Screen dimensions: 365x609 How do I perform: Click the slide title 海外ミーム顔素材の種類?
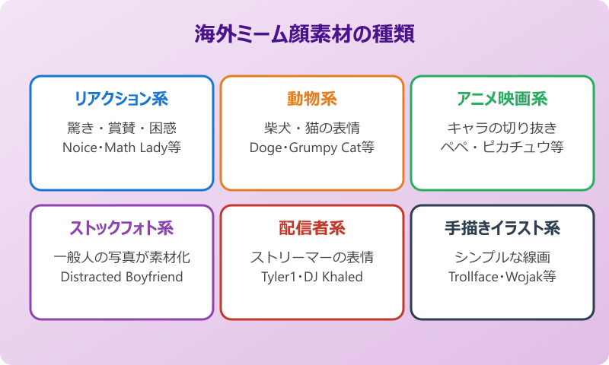click(x=304, y=35)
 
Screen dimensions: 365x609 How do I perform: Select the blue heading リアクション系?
click(x=121, y=99)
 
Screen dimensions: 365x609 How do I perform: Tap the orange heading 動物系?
click(x=311, y=99)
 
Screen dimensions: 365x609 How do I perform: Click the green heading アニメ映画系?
click(x=502, y=99)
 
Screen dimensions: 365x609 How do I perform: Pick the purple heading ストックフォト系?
click(x=121, y=228)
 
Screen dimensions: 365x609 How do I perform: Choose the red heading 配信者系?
click(x=311, y=228)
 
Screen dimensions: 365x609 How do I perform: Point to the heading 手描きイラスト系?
click(x=502, y=228)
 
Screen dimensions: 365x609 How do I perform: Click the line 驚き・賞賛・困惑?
click(x=121, y=128)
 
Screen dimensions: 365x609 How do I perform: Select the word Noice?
click(x=80, y=148)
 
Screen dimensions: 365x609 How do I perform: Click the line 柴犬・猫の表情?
click(x=311, y=128)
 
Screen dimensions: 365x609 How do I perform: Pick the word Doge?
click(x=265, y=148)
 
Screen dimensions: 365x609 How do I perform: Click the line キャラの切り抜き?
click(x=502, y=128)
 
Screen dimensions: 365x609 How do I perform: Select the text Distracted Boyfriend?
click(x=121, y=277)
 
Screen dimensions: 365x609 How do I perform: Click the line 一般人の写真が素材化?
click(x=121, y=257)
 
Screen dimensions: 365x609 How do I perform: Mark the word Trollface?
click(x=473, y=277)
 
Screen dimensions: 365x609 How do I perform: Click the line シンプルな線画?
click(x=502, y=257)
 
